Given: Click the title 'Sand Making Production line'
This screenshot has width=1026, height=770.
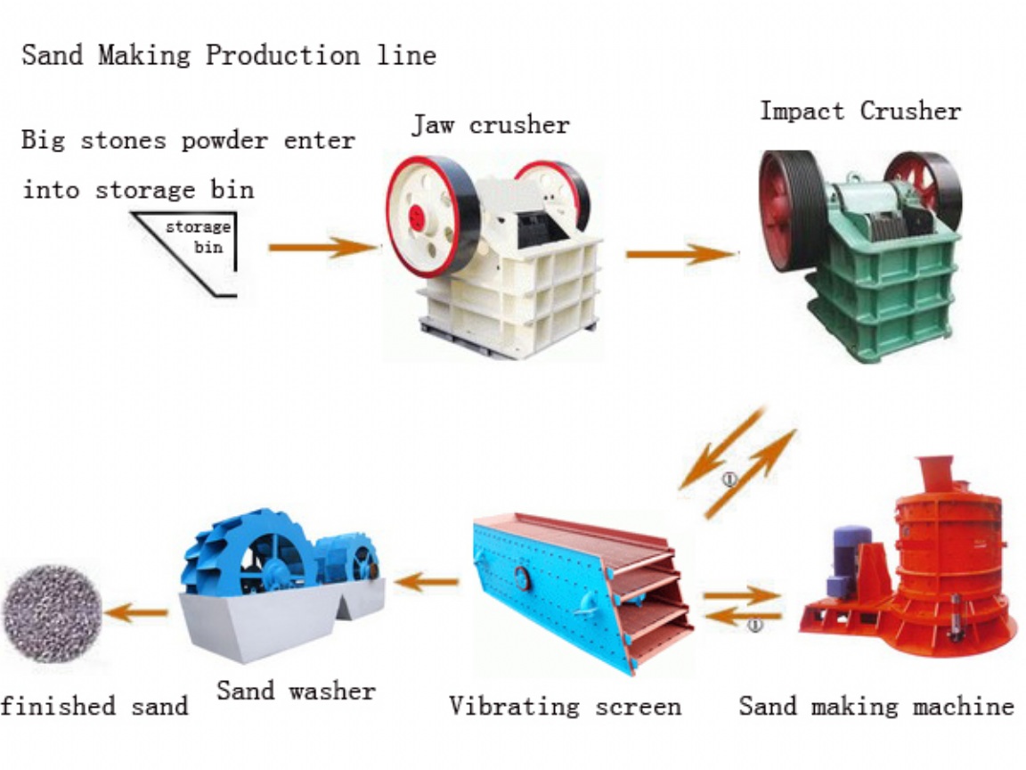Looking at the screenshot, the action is (x=229, y=55).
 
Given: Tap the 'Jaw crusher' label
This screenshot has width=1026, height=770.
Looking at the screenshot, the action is (x=491, y=125).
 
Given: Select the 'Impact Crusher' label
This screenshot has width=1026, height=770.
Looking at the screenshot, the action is (x=860, y=111).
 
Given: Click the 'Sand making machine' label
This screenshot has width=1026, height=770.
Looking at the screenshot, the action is (x=876, y=707).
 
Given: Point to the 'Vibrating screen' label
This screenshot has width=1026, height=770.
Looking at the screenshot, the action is (x=566, y=707).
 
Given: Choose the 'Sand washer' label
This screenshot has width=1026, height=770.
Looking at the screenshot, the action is (x=297, y=691).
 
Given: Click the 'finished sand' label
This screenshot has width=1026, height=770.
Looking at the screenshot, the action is (x=94, y=707).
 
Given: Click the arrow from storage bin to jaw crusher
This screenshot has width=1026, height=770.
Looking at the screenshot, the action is (x=324, y=248).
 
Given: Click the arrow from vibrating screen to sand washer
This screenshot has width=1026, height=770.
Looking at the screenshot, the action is (x=426, y=581).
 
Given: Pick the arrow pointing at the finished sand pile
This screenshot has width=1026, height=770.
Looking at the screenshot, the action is (x=135, y=613).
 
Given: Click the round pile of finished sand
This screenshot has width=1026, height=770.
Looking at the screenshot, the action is (x=53, y=614).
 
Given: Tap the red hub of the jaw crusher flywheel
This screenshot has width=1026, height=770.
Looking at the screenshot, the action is (x=417, y=218).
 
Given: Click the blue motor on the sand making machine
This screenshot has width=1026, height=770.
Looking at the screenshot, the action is (x=849, y=561).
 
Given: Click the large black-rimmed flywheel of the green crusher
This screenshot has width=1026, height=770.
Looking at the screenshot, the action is (x=788, y=210).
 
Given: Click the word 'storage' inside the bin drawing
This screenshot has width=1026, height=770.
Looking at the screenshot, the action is (x=198, y=227).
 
